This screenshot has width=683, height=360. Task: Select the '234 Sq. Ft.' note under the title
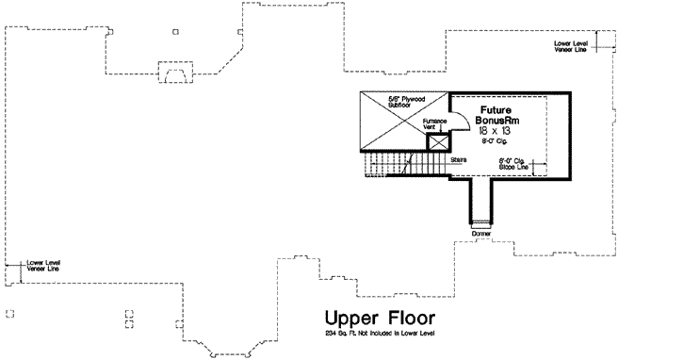click(x=381, y=335)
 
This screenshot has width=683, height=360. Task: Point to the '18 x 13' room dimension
click(x=493, y=134)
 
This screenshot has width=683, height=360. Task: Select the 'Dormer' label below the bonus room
click(x=482, y=232)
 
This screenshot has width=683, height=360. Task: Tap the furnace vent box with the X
click(x=437, y=142)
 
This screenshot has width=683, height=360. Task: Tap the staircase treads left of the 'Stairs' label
click(x=396, y=166)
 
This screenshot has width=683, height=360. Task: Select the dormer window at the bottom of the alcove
click(x=482, y=223)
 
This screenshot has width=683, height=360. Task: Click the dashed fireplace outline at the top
click(x=174, y=74)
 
